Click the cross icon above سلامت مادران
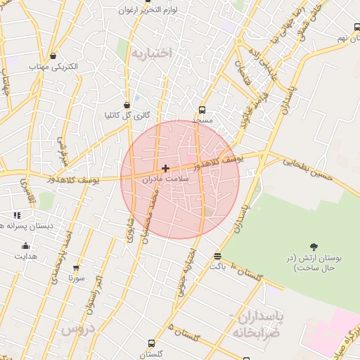(165, 168)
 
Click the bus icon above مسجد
(202, 110)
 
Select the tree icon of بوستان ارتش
(314, 247)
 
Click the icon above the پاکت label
(217, 256)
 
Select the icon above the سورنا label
(76, 268)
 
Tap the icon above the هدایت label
(26, 245)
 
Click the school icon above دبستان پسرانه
(16, 215)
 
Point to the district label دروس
(77, 329)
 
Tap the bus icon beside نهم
(357, 27)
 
